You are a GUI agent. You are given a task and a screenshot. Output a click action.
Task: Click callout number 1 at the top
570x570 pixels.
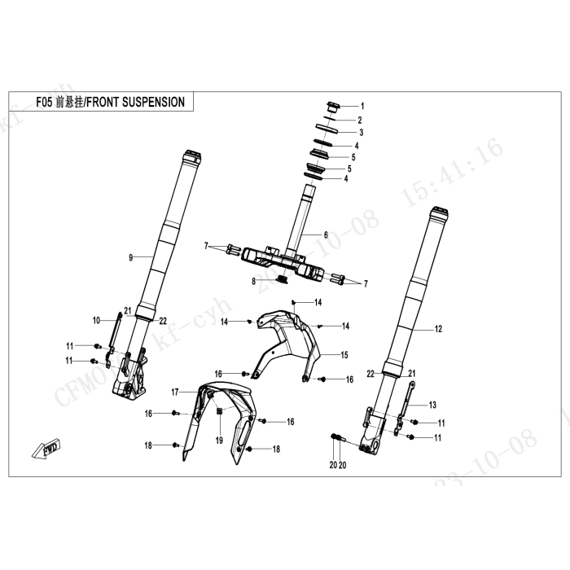(362, 107)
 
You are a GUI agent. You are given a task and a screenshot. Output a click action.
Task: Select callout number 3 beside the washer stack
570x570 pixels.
(361, 132)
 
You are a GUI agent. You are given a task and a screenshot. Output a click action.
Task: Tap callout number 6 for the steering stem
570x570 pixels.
(325, 235)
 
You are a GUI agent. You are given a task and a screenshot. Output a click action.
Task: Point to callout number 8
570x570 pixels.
(254, 281)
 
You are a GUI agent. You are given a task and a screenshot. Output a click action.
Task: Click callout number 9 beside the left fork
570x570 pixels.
(130, 258)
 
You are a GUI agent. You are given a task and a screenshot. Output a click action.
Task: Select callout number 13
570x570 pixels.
(432, 405)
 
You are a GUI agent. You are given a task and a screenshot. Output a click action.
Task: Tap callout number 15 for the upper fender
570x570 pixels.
(344, 355)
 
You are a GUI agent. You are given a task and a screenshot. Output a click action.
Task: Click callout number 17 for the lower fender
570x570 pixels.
(174, 392)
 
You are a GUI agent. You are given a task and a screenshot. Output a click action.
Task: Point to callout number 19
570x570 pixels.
(218, 441)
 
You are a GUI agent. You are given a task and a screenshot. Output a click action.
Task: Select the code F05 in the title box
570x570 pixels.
(45, 103)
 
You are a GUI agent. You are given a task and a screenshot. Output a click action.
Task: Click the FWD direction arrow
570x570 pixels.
(45, 448)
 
